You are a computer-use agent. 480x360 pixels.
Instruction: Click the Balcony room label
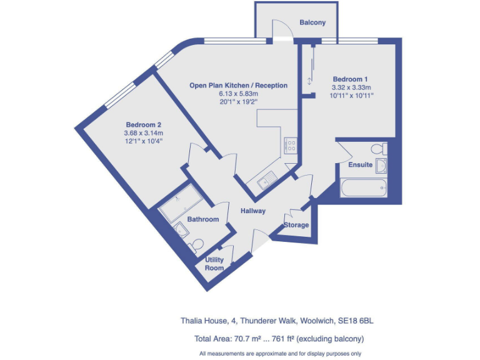point(312,22)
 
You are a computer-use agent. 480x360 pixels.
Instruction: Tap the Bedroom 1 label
point(350,79)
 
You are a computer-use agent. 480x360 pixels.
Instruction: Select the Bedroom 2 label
point(143,124)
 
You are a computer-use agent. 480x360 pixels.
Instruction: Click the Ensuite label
point(361,165)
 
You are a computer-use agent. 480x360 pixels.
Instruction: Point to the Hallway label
point(253,211)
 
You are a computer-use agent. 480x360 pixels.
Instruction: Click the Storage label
point(296,225)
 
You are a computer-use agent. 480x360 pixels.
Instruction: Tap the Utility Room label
point(214,264)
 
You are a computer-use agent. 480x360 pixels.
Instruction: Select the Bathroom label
point(203,219)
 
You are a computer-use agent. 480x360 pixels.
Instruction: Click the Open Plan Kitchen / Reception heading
point(239,86)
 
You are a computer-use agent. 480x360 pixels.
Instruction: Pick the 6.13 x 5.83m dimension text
point(239,94)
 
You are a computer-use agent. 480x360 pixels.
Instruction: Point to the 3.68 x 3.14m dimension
point(143,133)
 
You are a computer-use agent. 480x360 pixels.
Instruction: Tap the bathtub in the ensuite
point(363,187)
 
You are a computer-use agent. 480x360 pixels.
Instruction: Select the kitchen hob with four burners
point(291,145)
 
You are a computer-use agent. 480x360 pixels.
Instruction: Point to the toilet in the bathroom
point(197,242)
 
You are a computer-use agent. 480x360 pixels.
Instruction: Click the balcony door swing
point(282,29)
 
